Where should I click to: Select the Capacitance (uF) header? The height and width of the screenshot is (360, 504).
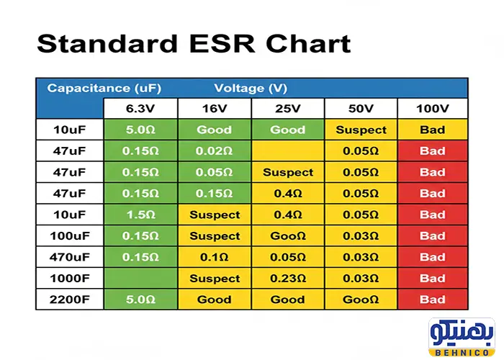coord(104,89)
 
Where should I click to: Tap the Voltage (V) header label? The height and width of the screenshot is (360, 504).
coord(251,89)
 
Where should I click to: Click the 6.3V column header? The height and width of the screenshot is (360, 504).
coord(140,109)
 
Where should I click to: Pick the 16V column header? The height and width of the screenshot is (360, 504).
coord(215,109)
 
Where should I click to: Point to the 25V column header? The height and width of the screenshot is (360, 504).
coord(288,109)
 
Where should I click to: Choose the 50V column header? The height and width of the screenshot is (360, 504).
coord(361,109)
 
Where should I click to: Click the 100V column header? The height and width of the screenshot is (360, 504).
coord(433,109)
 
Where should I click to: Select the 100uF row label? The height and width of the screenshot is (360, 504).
coord(70,235)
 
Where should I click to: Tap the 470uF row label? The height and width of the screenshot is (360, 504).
coord(70,257)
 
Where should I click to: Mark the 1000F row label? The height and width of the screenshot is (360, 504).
coord(70,278)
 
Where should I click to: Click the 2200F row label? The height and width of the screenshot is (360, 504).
coord(70,300)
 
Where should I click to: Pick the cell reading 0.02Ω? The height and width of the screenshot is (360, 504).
coord(215,151)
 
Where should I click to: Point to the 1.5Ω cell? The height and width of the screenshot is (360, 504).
coord(140,215)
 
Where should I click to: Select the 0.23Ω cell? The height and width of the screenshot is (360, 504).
coord(288,278)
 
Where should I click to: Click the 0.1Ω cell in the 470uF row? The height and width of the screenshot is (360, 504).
coord(215,257)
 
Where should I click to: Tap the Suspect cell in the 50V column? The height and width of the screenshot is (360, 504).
coord(361,130)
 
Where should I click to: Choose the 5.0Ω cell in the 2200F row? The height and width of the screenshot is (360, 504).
coord(140,300)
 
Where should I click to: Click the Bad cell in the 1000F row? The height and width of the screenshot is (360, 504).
coord(433,278)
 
